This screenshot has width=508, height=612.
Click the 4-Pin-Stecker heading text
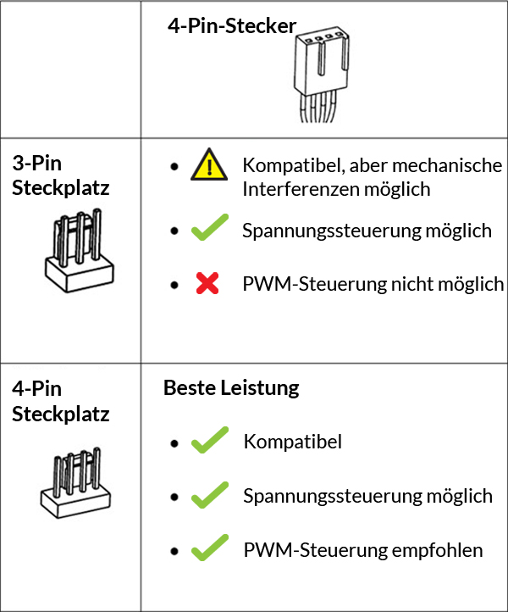point(232,26)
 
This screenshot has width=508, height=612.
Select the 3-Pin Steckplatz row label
point(61,175)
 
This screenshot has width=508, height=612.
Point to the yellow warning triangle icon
point(209,164)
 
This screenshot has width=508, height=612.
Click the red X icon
point(207,285)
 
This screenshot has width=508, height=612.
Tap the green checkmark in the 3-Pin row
point(208,230)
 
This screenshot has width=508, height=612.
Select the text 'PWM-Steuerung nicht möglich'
point(373,284)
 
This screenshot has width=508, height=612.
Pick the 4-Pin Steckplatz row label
point(61,401)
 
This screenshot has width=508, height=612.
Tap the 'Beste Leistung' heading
point(231,388)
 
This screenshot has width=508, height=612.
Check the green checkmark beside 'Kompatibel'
point(208,442)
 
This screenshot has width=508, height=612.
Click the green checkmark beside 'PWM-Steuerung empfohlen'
point(208,549)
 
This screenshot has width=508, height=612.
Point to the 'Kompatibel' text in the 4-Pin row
point(292,442)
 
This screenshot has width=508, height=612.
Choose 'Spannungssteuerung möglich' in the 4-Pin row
point(367,495)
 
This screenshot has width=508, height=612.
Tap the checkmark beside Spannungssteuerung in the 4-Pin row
point(208,495)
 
